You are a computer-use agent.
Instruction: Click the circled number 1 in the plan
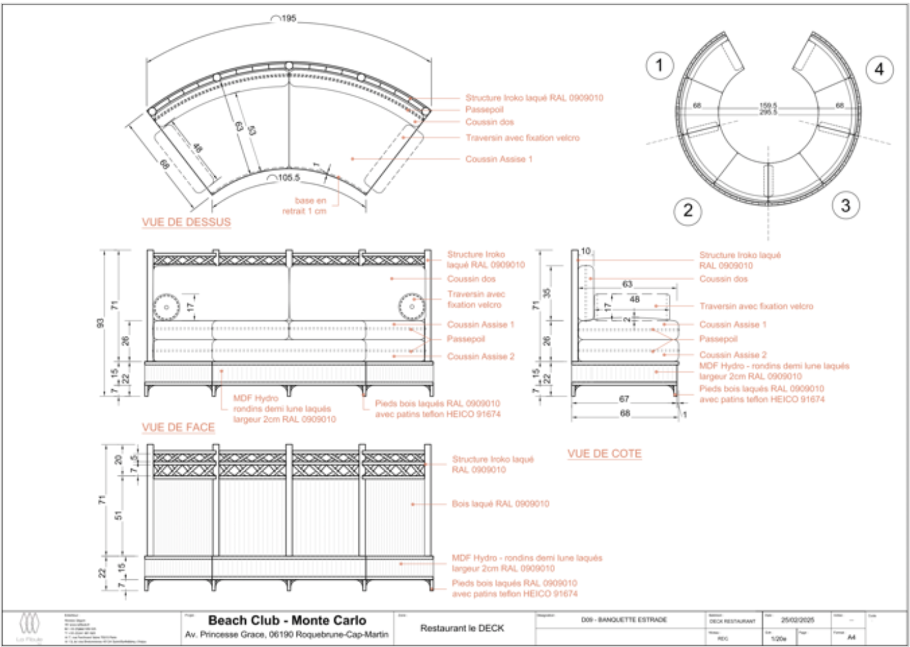click(x=659, y=65)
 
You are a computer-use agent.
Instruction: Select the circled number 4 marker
click(x=879, y=69)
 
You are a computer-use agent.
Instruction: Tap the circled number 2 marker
click(x=688, y=211)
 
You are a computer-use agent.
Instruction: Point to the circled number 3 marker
click(x=846, y=205)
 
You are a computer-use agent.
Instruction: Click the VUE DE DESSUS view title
click(x=186, y=222)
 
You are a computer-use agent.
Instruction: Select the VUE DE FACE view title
click(x=178, y=427)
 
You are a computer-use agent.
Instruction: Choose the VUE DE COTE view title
click(x=604, y=454)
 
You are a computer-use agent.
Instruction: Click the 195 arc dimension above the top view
click(x=288, y=18)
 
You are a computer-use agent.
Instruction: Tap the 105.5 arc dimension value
click(x=288, y=178)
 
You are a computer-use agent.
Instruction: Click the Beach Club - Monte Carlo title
click(x=287, y=620)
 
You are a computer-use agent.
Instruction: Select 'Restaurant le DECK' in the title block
click(x=462, y=629)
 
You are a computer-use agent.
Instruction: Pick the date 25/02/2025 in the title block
click(x=797, y=620)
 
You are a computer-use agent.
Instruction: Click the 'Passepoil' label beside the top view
click(x=484, y=110)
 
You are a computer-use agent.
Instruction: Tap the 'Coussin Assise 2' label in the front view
click(x=481, y=356)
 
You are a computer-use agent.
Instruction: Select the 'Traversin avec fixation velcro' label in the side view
click(x=756, y=306)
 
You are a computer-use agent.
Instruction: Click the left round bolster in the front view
click(x=166, y=306)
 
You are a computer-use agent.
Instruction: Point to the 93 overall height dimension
click(x=101, y=323)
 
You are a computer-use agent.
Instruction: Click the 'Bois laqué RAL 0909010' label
click(x=500, y=504)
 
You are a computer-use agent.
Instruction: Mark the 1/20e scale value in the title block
click(x=778, y=638)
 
